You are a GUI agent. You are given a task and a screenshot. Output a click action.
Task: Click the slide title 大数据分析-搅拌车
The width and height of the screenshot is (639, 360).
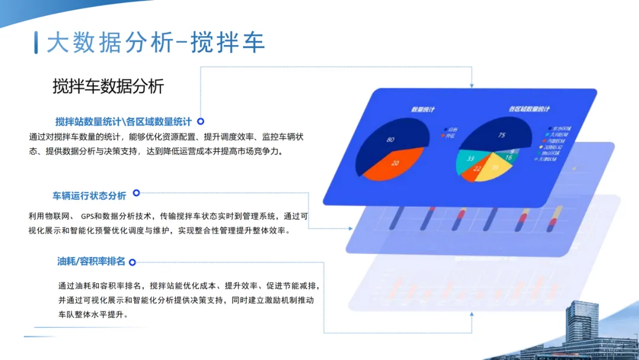pos(156,43)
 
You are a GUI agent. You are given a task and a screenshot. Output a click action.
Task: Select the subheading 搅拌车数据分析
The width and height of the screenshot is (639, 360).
pos(108,87)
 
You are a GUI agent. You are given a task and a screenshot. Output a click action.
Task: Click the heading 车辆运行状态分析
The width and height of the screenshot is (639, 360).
pos(89,195)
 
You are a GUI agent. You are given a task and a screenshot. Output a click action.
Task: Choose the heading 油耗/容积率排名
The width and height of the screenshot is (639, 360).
pos(92,261)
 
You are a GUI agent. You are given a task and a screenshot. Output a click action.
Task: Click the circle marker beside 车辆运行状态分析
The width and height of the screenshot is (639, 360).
pos(136,193)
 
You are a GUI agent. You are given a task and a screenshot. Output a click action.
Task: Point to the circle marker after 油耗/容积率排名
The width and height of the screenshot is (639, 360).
pos(132,262)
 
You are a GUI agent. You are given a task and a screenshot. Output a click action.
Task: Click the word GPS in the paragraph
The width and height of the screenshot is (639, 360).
pos(88,216)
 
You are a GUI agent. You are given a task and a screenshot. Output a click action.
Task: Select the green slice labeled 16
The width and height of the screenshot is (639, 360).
pos(509,157)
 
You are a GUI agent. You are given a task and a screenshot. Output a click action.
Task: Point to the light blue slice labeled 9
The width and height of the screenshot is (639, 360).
pos(512,150)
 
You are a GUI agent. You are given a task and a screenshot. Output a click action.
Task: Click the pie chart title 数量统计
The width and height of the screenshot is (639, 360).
pos(424,110)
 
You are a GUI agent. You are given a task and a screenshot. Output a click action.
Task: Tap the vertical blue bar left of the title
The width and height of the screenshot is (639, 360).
pos(37,43)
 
